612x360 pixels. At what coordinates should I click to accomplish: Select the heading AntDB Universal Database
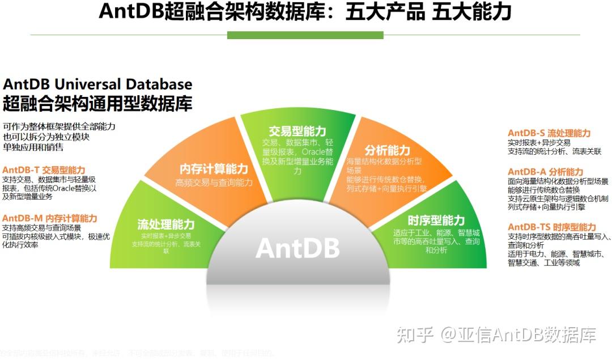coord(98,84)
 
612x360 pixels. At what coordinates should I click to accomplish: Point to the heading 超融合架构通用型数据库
coord(98,104)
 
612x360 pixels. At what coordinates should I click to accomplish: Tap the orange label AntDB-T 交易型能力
coord(44,170)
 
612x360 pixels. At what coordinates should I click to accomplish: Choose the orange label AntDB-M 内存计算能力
coord(50,218)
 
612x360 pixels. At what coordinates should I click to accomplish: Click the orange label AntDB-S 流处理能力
coord(549,133)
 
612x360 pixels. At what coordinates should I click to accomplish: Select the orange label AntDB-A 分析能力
coord(545,172)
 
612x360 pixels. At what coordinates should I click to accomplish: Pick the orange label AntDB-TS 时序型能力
coord(551,227)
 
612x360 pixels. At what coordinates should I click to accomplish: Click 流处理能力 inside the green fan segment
coord(166,225)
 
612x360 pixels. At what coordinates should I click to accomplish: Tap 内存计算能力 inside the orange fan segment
coord(214,169)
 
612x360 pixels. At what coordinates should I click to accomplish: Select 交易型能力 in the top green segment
coord(297,131)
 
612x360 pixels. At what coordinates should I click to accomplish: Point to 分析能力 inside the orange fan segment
coord(387,150)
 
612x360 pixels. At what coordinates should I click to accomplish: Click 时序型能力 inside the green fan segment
coord(436,221)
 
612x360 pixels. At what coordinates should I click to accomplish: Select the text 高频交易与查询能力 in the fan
coord(214,183)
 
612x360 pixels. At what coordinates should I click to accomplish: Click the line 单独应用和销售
coord(33,147)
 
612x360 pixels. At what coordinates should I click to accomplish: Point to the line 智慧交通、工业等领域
coord(543,262)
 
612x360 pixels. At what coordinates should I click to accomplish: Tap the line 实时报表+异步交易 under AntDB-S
coord(539,143)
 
